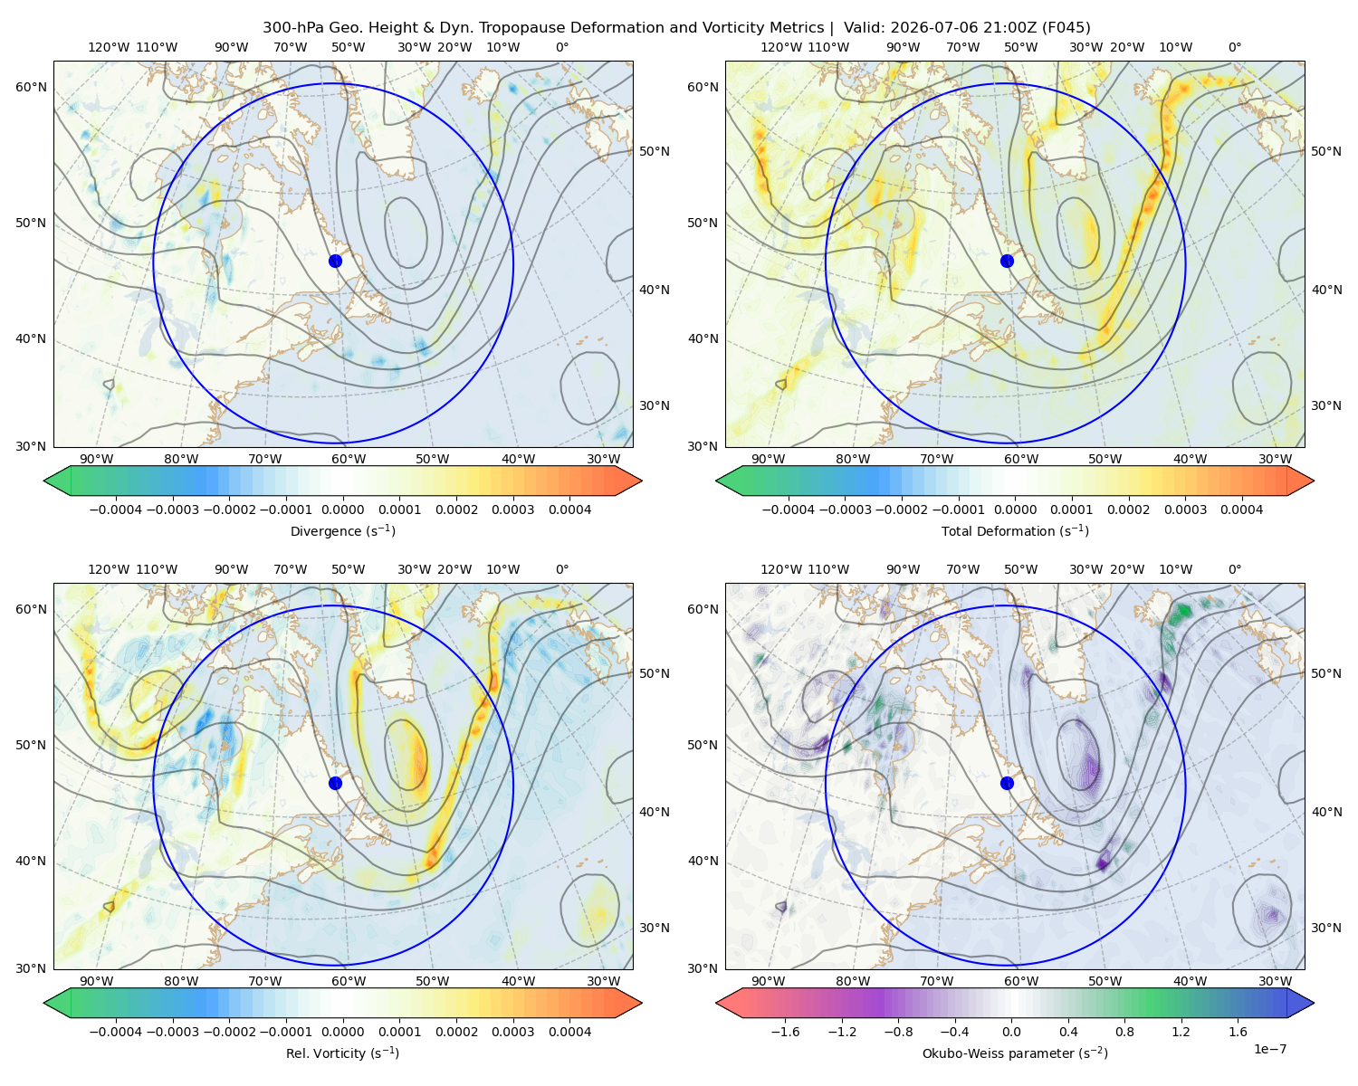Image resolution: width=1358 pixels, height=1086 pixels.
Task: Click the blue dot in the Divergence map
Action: click(335, 262)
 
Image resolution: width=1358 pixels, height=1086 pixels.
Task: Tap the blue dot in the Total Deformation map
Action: click(1007, 262)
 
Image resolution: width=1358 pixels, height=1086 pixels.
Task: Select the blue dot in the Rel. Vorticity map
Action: click(335, 783)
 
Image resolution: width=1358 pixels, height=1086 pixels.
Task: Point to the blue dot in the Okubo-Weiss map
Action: click(1007, 783)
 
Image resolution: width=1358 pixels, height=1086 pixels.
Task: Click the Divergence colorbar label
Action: click(342, 531)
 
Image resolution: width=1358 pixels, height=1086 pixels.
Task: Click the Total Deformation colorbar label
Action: click(1015, 531)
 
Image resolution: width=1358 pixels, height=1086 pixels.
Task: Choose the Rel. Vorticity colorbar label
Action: click(342, 1053)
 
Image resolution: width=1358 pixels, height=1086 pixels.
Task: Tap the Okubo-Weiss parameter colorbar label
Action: click(1015, 1053)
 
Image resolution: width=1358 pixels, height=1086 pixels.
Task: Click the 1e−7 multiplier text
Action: click(1269, 1050)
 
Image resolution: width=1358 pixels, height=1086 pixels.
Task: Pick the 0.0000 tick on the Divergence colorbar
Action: click(342, 510)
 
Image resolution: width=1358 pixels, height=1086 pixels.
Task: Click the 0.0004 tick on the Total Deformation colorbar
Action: click(1242, 510)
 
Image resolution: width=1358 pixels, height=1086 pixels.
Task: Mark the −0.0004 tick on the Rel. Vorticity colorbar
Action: click(116, 1032)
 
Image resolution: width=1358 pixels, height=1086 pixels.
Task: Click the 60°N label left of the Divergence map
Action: click(31, 87)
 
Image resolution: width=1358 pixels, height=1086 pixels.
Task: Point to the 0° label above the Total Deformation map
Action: click(1234, 47)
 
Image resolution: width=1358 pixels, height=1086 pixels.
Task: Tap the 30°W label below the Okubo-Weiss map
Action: click(1276, 981)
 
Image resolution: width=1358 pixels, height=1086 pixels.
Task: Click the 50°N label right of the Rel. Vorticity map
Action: click(655, 673)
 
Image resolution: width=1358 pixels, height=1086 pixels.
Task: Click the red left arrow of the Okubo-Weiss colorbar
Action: click(729, 1004)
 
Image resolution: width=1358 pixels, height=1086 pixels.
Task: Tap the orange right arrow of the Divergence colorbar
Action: click(628, 481)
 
